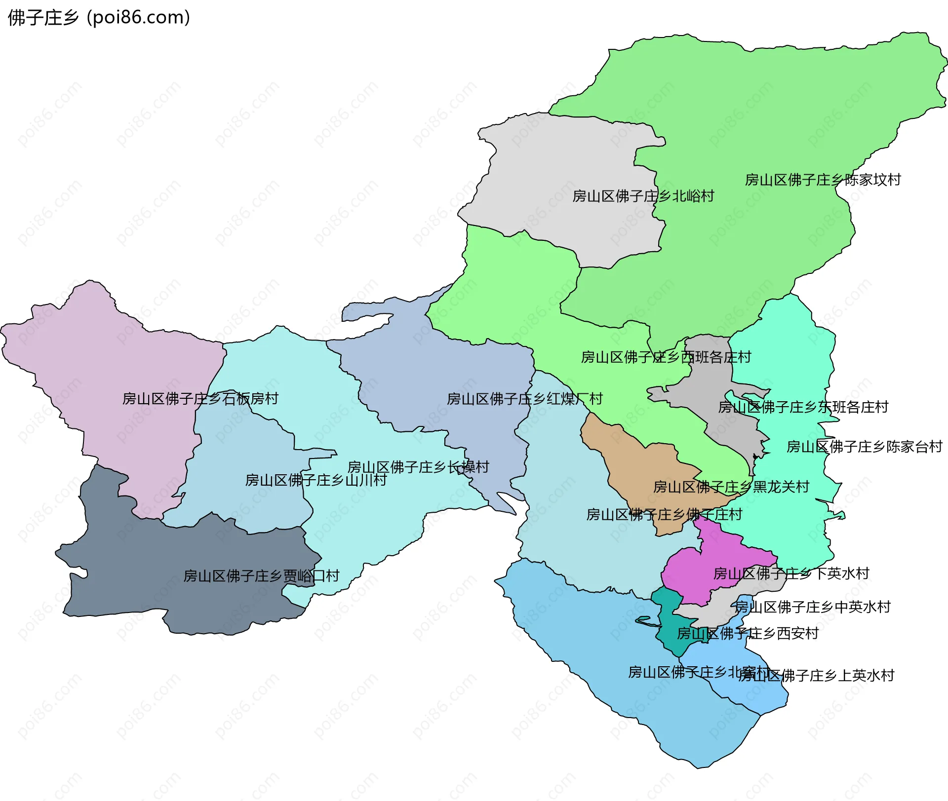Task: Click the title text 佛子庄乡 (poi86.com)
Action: [99, 18]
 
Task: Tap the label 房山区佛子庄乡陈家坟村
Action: [823, 180]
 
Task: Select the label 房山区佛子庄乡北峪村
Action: [643, 196]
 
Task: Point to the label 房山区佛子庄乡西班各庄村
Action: [666, 357]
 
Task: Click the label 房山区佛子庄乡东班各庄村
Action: [803, 407]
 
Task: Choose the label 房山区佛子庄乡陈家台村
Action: [864, 447]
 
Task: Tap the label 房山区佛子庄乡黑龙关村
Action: [731, 487]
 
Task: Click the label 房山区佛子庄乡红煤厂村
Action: [524, 399]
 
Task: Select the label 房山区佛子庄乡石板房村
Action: [200, 398]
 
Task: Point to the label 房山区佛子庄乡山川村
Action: [316, 480]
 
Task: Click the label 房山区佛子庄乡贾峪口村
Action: [261, 576]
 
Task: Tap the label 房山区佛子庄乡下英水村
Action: [791, 573]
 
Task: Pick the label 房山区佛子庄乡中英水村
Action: [812, 607]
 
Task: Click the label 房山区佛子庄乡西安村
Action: [748, 633]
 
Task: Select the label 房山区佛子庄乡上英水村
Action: [816, 675]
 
